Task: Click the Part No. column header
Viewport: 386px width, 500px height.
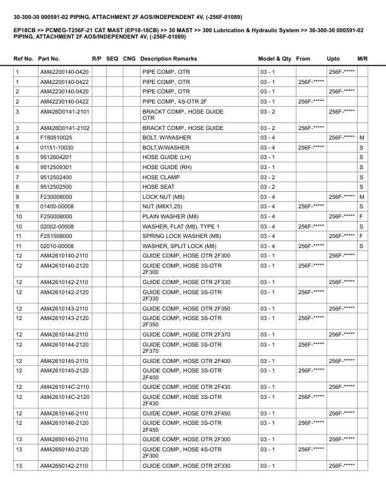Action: pos(49,59)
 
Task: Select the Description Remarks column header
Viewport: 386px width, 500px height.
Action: pos(168,59)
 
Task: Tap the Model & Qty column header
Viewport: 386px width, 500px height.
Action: pos(274,59)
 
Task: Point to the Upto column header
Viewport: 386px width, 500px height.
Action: pos(333,59)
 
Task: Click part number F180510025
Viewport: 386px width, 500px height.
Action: pos(56,138)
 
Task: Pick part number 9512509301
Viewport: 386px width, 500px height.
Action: pos(56,167)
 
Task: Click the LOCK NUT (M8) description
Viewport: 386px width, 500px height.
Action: pos(163,196)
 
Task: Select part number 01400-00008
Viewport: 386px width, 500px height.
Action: pos(57,206)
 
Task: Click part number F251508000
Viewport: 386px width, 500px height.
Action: pos(56,236)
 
